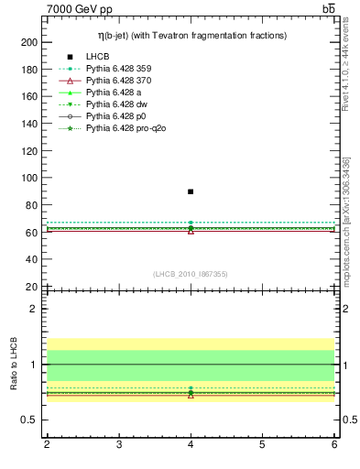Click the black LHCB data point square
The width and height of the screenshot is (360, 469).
(x=191, y=191)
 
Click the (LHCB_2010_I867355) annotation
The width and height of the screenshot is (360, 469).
(x=191, y=274)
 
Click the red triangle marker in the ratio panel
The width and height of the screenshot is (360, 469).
(x=191, y=395)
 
